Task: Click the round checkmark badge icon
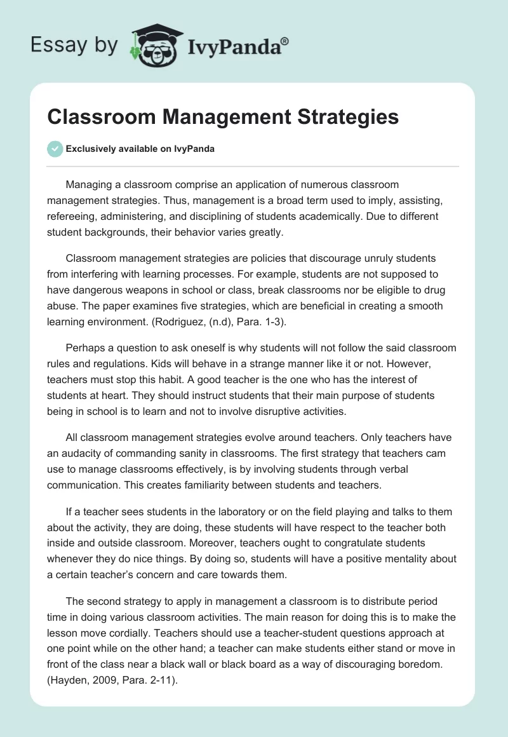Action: tap(55, 149)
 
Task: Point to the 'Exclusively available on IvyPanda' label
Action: tap(140, 149)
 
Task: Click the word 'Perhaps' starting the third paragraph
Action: tap(86, 348)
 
